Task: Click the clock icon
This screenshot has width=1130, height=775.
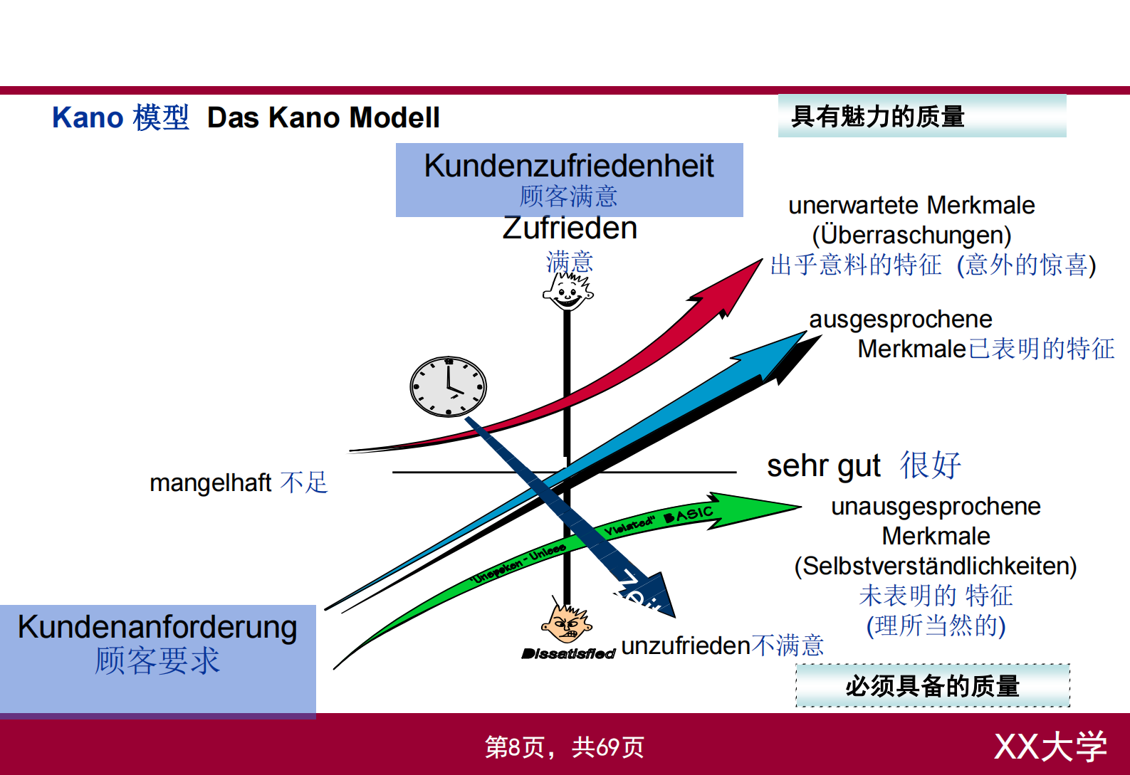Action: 448,386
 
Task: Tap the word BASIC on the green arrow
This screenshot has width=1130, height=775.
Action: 688,515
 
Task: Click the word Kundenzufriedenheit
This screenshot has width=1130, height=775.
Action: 568,166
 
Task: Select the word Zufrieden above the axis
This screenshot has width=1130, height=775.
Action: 570,228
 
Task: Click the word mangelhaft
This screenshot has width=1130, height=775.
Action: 210,483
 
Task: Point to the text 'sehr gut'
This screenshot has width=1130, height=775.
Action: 823,466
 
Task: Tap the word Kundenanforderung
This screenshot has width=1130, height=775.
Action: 157,627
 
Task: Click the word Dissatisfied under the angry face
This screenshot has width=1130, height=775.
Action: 568,653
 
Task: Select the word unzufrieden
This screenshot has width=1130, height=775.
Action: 686,645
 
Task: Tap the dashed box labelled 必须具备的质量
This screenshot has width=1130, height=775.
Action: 932,686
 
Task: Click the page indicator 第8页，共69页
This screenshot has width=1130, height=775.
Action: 564,747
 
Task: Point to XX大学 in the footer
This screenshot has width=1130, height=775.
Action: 1050,747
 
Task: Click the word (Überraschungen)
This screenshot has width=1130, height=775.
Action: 911,235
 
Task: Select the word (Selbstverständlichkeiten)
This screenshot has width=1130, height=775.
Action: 935,566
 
